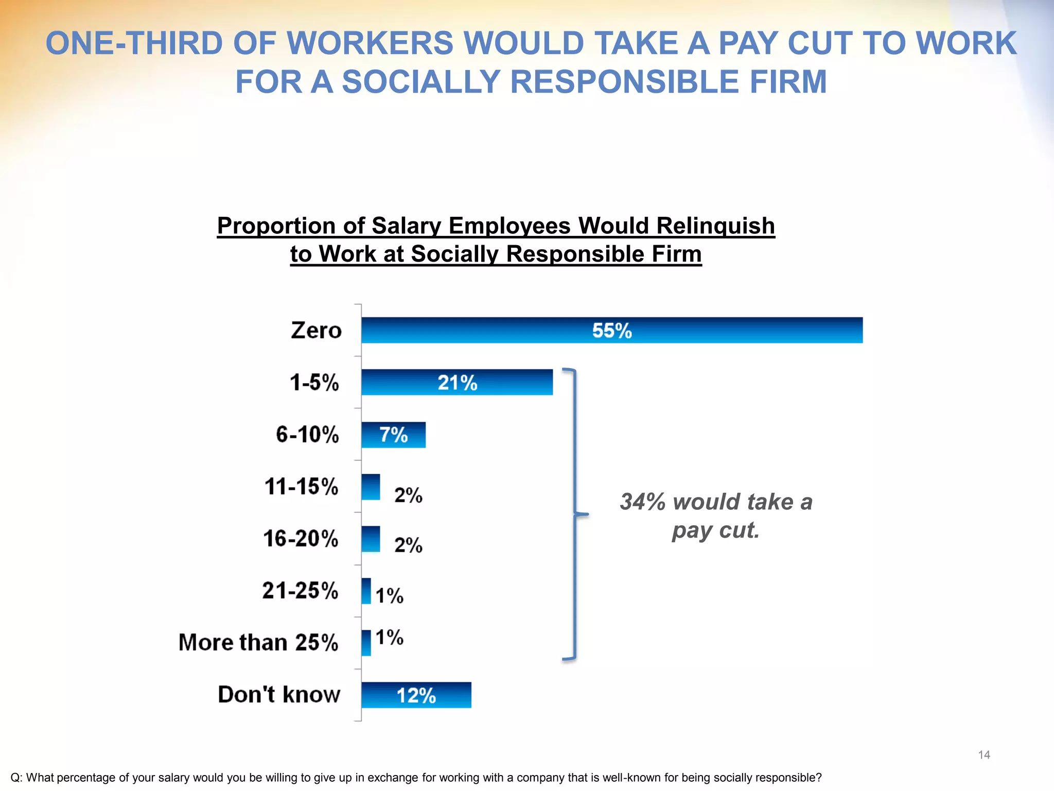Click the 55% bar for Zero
point(611,330)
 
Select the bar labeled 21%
point(457,382)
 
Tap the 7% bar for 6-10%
point(393,435)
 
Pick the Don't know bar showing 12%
point(416,695)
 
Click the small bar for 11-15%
point(371,487)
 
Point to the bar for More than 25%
point(366,643)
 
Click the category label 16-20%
point(301,539)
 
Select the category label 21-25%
point(300,590)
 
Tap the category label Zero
point(316,330)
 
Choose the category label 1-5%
point(314,383)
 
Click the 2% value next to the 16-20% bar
point(408,545)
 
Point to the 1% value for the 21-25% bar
point(389,596)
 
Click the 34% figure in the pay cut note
point(642,502)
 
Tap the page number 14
point(984,755)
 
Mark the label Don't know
point(279,694)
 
